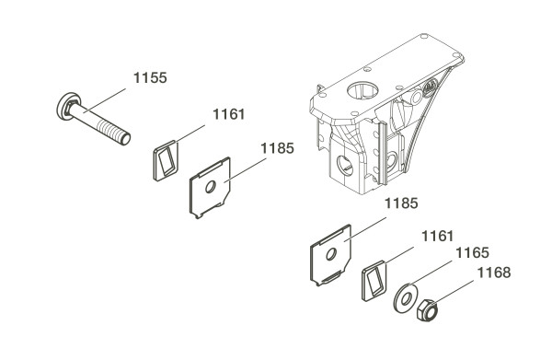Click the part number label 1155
[x=150, y=78]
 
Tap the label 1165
[x=472, y=253]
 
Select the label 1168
[x=493, y=273]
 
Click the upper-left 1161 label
[x=228, y=114]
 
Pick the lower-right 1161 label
[x=438, y=236]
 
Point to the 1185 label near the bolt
[x=277, y=148]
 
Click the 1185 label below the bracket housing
[x=401, y=203]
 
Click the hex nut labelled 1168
[x=428, y=309]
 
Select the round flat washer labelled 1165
[x=406, y=298]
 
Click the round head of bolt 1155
[x=66, y=106]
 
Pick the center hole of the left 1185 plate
[x=210, y=187]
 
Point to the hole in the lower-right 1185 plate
[x=330, y=253]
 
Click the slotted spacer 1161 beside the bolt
[x=166, y=160]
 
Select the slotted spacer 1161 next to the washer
[x=374, y=281]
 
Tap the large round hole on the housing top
[x=362, y=90]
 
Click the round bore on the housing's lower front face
[x=345, y=165]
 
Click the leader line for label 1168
[x=454, y=292]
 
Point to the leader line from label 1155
[x=105, y=100]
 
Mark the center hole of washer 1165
[x=406, y=298]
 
